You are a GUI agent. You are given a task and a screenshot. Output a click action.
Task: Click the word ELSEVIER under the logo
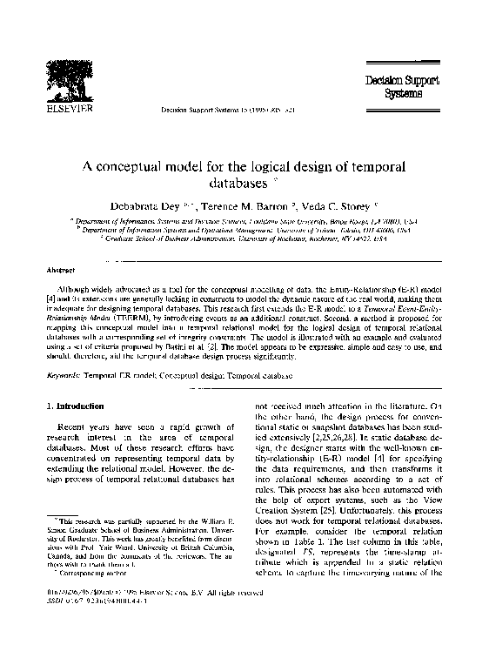(x=69, y=111)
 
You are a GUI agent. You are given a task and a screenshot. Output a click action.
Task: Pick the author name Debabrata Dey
(x=144, y=207)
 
